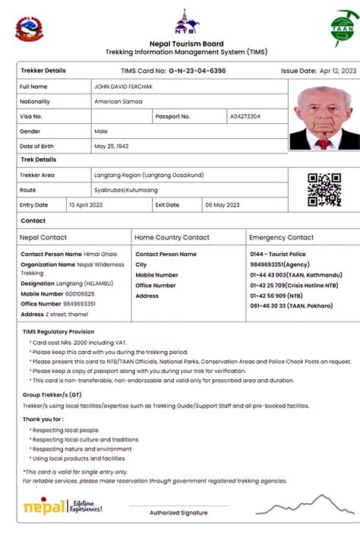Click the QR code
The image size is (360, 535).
[x=324, y=190]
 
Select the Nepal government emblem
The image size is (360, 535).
[x=27, y=28]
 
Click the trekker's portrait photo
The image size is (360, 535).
[x=324, y=116]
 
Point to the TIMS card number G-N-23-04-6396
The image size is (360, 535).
[x=197, y=71]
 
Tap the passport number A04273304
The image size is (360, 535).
[x=245, y=117]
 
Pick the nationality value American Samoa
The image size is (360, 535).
[x=118, y=102]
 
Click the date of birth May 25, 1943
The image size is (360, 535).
[x=111, y=146]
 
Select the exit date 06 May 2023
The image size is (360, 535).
[x=222, y=205]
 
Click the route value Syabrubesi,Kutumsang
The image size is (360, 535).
[x=125, y=190]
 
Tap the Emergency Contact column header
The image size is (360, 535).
[x=282, y=238]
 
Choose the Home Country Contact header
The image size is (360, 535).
[x=172, y=238]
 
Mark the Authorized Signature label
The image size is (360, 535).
[x=178, y=513]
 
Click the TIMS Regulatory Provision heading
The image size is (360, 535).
[x=58, y=332]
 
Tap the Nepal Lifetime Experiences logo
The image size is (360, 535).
[x=62, y=506]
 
